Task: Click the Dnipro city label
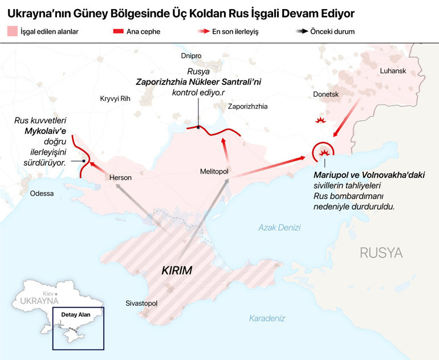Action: [x=191, y=56]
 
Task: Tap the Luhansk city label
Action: [x=393, y=70]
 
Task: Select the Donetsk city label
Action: [x=326, y=94]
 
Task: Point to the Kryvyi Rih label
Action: [x=115, y=98]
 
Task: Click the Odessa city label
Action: [x=43, y=193]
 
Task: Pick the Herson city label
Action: [x=120, y=178]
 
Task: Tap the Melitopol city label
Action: [x=214, y=171]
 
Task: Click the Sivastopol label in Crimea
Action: [x=141, y=304]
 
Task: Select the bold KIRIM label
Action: [x=177, y=270]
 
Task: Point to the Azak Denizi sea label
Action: [x=279, y=227]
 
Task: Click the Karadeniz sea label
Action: [x=267, y=318]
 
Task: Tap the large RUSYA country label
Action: [x=381, y=253]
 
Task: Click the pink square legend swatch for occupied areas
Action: [x=12, y=31]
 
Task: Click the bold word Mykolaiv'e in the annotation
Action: [x=46, y=131]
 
